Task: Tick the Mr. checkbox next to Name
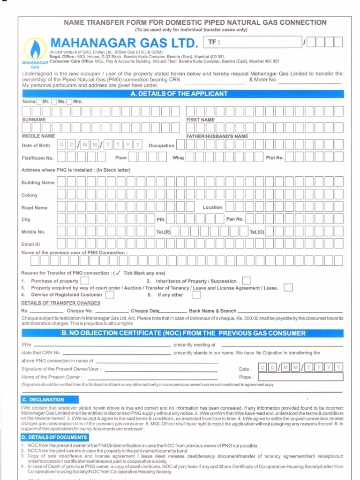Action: pyautogui.click(x=39, y=101)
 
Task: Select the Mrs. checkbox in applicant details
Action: pyautogui.click(x=69, y=101)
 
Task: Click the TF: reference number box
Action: pyautogui.click(x=253, y=42)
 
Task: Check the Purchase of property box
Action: pyautogui.click(x=84, y=281)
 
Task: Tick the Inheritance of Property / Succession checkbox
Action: pyautogui.click(x=246, y=281)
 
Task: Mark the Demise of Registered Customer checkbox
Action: pyautogui.click(x=109, y=295)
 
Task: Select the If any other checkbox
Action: pyautogui.click(x=196, y=295)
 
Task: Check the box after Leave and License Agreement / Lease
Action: pyautogui.click(x=288, y=288)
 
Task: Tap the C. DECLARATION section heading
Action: pyautogui.click(x=43, y=400)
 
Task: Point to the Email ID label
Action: pyautogui.click(x=31, y=244)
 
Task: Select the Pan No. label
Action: pyautogui.click(x=235, y=219)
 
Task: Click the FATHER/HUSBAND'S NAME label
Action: pyautogui.click(x=217, y=136)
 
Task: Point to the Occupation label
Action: pyautogui.click(x=161, y=146)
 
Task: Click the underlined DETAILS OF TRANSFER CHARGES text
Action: pyautogui.click(x=54, y=303)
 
